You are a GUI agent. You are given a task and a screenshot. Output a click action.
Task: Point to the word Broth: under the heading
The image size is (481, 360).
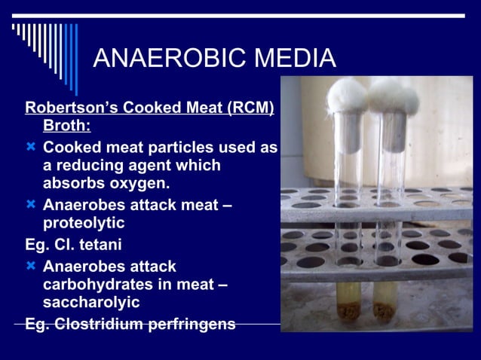click(67, 126)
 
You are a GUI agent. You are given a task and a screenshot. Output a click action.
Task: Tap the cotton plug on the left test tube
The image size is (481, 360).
click(348, 97)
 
